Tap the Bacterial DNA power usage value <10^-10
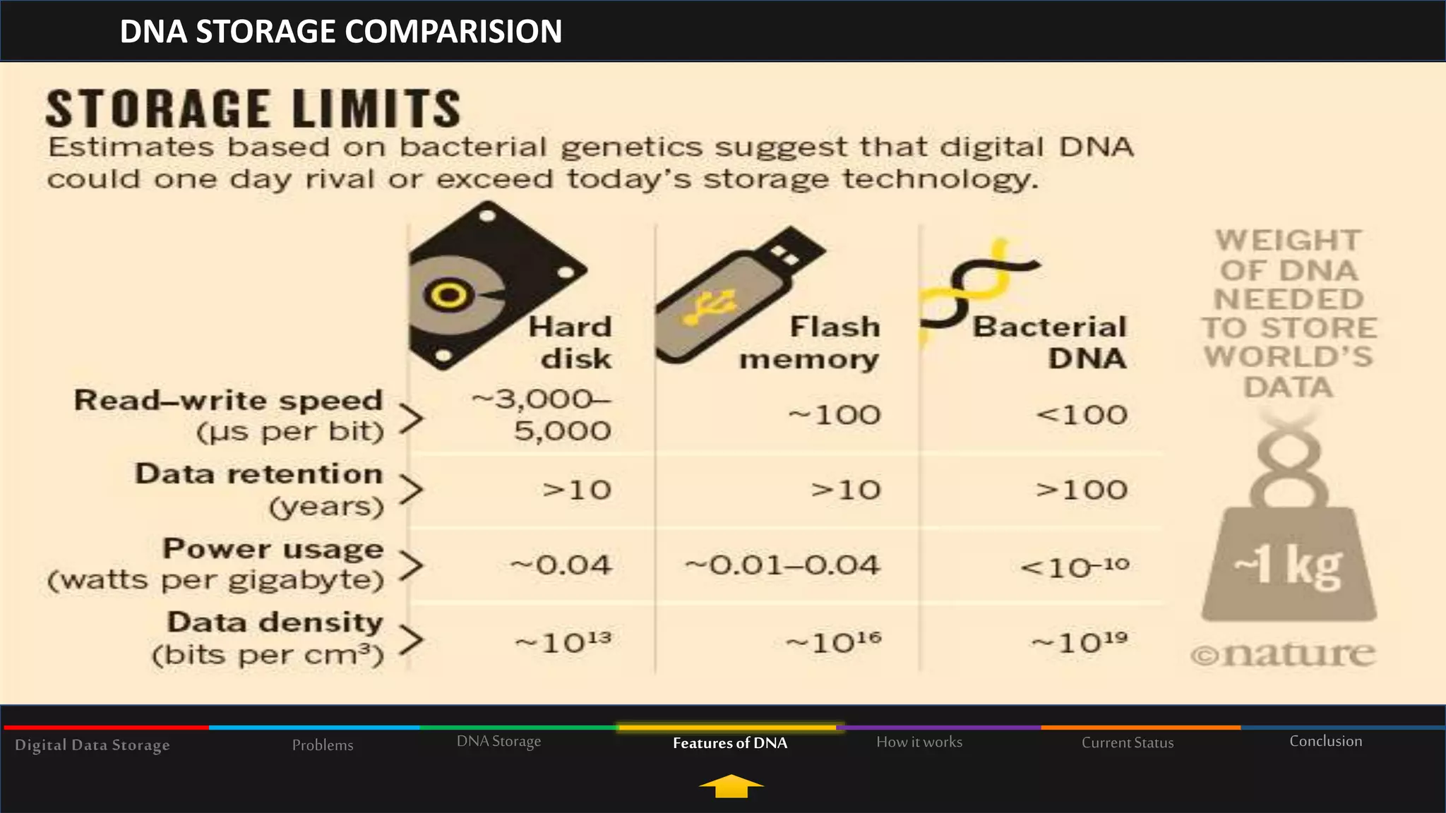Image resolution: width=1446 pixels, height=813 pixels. click(x=1075, y=566)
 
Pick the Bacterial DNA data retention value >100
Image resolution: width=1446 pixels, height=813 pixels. click(x=1081, y=490)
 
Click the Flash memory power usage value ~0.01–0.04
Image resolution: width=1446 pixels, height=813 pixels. click(x=782, y=565)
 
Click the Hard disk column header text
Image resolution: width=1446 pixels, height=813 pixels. click(x=570, y=342)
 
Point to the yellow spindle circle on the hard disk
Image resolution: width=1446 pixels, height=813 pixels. click(x=448, y=295)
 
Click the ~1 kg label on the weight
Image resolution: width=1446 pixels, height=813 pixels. click(x=1288, y=567)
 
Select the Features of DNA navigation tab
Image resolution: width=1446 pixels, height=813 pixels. click(x=730, y=742)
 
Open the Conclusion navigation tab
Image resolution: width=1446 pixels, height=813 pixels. click(x=1325, y=741)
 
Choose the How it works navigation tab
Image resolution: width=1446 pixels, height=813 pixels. click(x=919, y=742)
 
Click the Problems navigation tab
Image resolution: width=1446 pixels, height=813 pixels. click(x=323, y=745)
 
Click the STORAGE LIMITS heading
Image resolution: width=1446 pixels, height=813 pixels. click(x=253, y=109)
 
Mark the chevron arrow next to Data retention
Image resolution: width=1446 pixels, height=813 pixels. click(x=411, y=489)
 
